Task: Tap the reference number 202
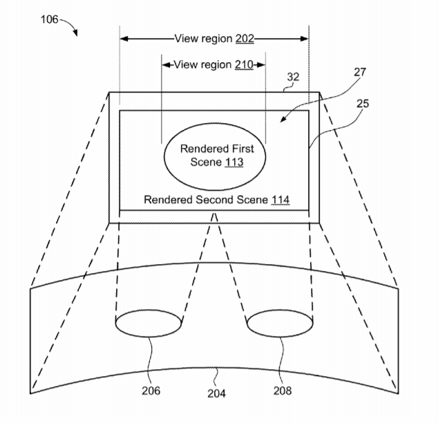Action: [x=245, y=39]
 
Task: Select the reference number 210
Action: [x=243, y=65]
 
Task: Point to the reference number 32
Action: [x=293, y=78]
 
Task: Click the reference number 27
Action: [x=359, y=71]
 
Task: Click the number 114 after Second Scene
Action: [x=280, y=200]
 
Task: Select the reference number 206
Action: [x=151, y=391]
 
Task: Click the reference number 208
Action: [x=282, y=391]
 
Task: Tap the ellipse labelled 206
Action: [x=148, y=323]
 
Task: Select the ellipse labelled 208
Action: [x=279, y=323]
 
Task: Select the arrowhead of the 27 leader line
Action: [x=283, y=120]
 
